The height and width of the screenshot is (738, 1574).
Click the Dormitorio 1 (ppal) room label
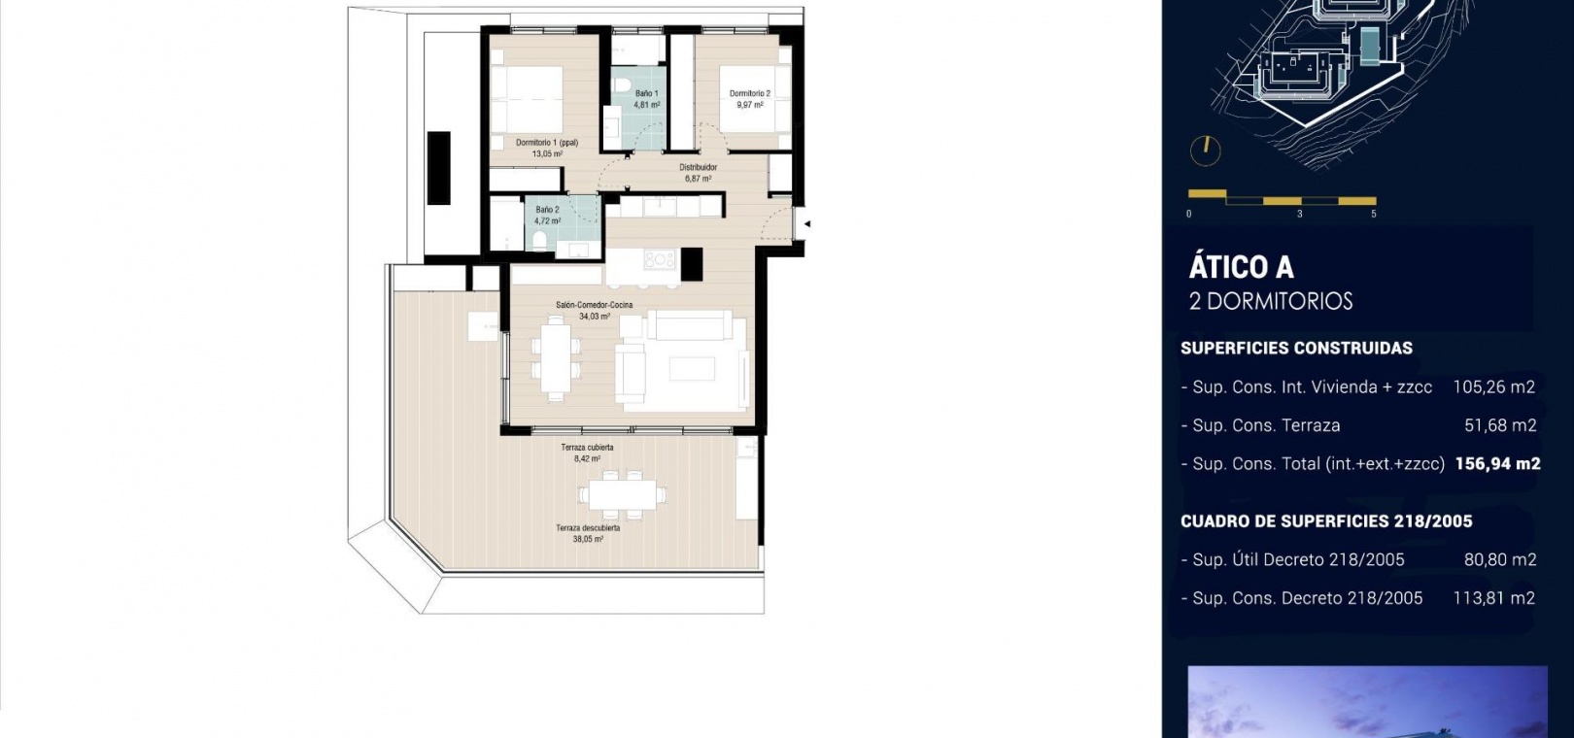pos(547,143)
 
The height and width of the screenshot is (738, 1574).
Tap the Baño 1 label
pos(646,93)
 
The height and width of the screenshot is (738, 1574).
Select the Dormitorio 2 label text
pos(750,93)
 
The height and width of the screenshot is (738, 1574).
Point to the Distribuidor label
pos(698,167)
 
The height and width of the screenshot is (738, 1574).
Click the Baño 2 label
pos(547,209)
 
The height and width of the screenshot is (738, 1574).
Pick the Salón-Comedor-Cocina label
pos(594,305)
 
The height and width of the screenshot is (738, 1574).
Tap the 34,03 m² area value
pos(595,316)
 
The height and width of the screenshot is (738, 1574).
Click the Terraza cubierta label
pos(587,448)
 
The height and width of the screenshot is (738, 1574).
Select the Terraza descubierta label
pos(588,528)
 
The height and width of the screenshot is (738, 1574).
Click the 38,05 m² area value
pos(588,539)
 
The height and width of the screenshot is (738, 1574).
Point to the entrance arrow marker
pos(807,224)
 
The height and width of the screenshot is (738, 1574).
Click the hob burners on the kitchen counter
pos(659,260)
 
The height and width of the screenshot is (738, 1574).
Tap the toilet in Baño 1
pos(621,85)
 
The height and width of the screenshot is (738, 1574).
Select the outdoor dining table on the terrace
pos(623,494)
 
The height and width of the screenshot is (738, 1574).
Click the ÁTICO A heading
pos(1241,267)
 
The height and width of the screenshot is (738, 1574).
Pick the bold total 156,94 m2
pos(1497,463)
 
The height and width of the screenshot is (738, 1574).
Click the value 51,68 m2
pos(1500,425)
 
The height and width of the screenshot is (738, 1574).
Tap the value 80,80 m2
pos(1500,559)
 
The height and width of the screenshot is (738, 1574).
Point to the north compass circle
pos(1205,151)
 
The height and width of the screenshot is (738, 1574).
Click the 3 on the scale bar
pos(1300,214)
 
